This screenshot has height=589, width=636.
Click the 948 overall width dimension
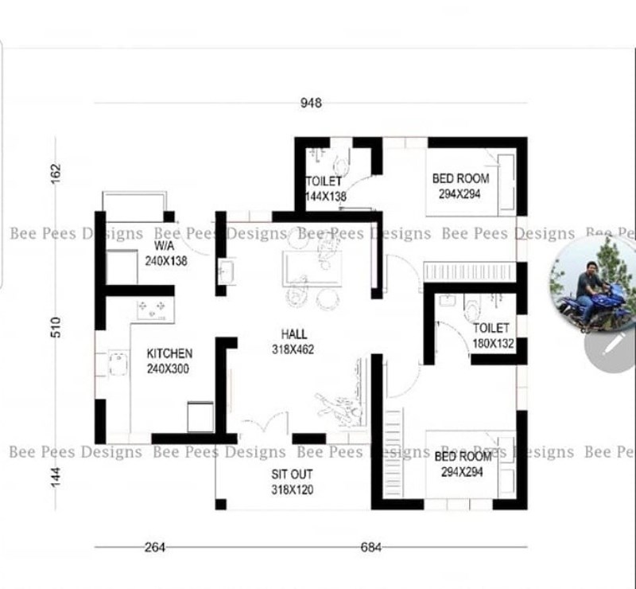pos(311,103)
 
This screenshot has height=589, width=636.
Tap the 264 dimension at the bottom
pos(155,547)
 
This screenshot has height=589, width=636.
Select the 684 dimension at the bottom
pos(370,547)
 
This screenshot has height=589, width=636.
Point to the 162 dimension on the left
pos(56,173)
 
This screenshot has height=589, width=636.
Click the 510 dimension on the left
pos(56,327)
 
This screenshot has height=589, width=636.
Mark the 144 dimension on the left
pos(56,477)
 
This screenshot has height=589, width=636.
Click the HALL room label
pos(294,334)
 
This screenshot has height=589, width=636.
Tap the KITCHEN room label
pos(169,353)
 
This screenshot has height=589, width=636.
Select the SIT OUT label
pos(292,474)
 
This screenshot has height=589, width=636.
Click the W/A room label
pos(165,245)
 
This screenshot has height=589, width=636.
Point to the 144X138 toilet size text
pos(326,197)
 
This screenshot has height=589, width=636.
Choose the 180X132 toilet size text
pos(493,344)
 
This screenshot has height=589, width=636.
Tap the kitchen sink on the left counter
pos(118,364)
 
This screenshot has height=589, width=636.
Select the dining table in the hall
pos(312,269)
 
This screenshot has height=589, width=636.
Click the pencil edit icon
pos(612,345)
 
